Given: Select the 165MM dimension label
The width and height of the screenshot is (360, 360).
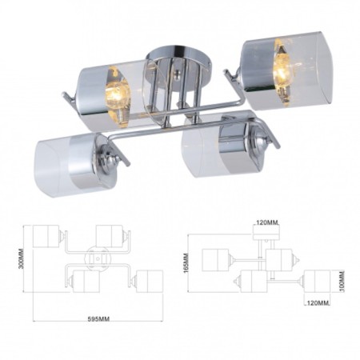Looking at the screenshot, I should pyautogui.click(x=186, y=262).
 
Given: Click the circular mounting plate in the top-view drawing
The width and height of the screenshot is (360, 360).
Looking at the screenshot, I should pyautogui.click(x=96, y=259).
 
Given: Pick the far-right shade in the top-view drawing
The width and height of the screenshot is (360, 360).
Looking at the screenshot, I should pyautogui.click(x=149, y=281).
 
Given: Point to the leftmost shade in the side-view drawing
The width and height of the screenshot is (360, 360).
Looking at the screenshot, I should pyautogui.click(x=216, y=260).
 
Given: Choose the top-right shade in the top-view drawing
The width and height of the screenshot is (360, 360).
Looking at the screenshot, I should pyautogui.click(x=110, y=235).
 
